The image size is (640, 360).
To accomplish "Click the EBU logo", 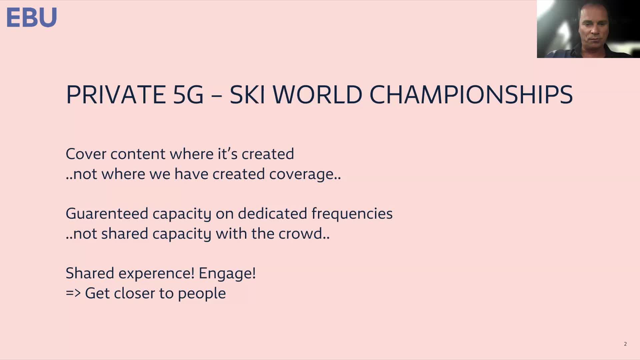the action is pos(32,17).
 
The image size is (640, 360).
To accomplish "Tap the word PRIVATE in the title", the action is pos(116,95).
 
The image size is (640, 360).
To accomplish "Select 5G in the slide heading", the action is pos(188,95).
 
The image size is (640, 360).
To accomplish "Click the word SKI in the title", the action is pos(247,95).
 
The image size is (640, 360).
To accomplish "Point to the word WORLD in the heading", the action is pos(317,95).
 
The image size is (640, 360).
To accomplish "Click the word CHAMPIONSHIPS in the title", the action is pos(471,95).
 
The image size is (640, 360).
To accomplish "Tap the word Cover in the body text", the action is pos(86,154).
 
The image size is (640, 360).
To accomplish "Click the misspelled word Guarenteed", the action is pos(107,214).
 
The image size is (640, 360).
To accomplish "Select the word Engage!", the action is pos(227,274).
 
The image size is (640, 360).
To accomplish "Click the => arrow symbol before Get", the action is pos(73,293).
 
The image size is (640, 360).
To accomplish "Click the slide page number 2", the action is pos(625,344).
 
